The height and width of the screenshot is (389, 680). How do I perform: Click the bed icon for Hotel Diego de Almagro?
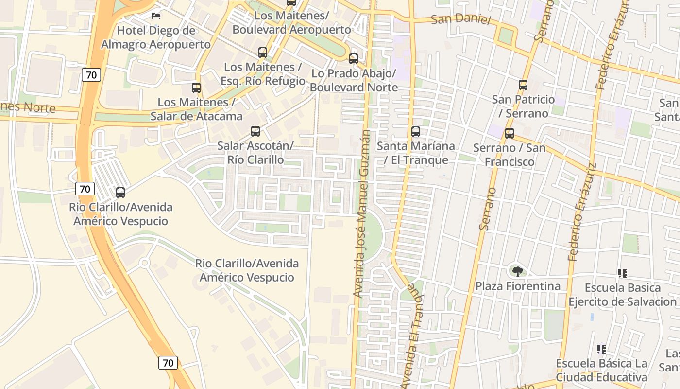pyautogui.click(x=156, y=16)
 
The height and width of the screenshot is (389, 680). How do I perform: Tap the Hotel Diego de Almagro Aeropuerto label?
pyautogui.click(x=156, y=37)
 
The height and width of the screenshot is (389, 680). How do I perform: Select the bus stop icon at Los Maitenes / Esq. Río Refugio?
pyautogui.click(x=263, y=52)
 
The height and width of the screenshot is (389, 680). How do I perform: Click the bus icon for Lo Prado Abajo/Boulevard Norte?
pyautogui.click(x=354, y=59)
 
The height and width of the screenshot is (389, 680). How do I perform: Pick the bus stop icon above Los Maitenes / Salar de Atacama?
pyautogui.click(x=196, y=88)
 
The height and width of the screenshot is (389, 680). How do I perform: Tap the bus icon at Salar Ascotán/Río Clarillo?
pyautogui.click(x=255, y=131)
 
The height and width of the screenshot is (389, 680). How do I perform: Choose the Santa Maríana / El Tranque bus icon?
pyautogui.click(x=416, y=131)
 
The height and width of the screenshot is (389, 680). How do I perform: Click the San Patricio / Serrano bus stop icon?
pyautogui.click(x=523, y=85)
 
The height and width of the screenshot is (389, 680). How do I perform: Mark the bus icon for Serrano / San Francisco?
pyautogui.click(x=510, y=133)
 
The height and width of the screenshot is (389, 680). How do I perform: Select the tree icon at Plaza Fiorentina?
pyautogui.click(x=518, y=271)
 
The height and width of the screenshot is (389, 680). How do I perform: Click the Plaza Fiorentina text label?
pyautogui.click(x=518, y=286)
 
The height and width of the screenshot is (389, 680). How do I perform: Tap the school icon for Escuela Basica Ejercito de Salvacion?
pyautogui.click(x=623, y=273)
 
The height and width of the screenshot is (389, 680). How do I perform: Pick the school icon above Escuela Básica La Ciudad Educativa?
pyautogui.click(x=601, y=349)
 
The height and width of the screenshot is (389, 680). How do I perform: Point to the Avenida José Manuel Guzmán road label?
pyautogui.click(x=362, y=214)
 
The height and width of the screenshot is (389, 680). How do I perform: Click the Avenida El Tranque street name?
pyautogui.click(x=411, y=336)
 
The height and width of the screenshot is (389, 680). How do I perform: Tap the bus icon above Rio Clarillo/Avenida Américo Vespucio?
pyautogui.click(x=120, y=193)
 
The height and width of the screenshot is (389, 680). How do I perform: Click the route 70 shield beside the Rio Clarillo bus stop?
pyautogui.click(x=85, y=189)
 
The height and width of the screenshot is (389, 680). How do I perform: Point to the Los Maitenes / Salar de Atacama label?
pyautogui.click(x=196, y=109)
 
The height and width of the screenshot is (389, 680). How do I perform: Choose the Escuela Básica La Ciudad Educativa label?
pyautogui.click(x=601, y=371)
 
